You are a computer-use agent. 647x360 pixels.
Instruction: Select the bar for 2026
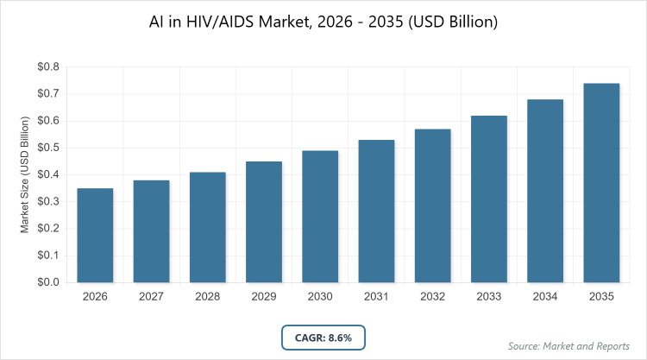pos(95,235)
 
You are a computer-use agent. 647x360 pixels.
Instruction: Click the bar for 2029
pos(264,222)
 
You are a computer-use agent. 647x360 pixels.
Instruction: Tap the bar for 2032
pos(433,205)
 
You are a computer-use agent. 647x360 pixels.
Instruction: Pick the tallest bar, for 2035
pos(602,182)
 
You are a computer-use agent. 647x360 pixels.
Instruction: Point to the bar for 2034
pos(545,191)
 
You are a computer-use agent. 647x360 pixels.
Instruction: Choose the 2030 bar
pos(320,216)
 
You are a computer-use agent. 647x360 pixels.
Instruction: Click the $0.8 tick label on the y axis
pos(47,66)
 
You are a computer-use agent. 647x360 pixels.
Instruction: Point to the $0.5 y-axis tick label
pos(47,148)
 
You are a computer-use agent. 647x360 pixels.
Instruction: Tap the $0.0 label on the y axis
pos(47,282)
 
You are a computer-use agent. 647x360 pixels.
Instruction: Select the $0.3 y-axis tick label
pos(47,201)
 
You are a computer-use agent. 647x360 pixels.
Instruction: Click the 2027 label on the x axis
pos(151,297)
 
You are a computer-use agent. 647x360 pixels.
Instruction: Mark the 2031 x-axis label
pos(376,297)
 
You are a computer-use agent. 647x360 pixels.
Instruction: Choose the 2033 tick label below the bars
pos(489,297)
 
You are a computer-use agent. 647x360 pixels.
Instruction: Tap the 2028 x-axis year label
pos(208,297)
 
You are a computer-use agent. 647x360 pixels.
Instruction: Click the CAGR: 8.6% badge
pos(323,337)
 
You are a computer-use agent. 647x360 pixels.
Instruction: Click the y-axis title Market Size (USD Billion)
pos(27,175)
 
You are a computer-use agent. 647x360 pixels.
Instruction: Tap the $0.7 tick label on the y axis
pos(47,93)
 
